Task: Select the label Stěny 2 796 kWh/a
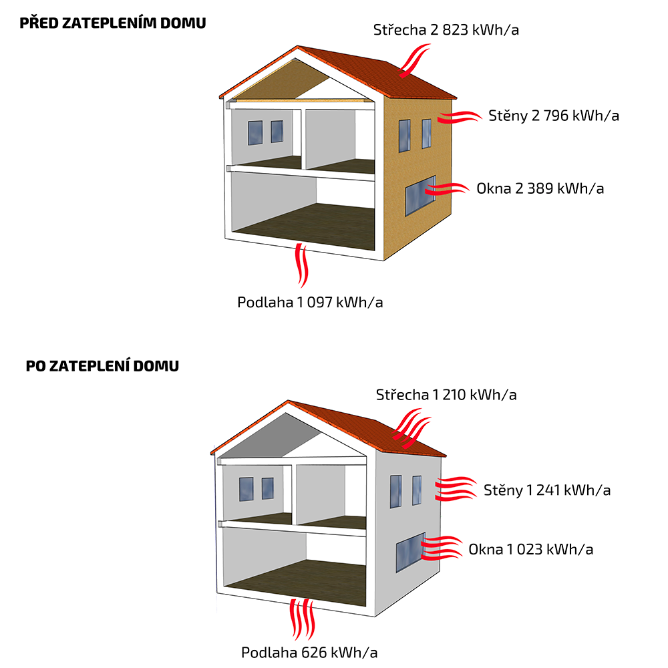tap(554, 116)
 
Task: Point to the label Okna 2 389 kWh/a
tap(540, 188)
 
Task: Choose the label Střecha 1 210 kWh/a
tap(446, 394)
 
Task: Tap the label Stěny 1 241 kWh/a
tap(547, 490)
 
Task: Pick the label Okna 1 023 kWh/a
tap(530, 549)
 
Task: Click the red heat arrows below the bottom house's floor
tap(300, 619)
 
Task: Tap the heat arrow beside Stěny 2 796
tap(460, 118)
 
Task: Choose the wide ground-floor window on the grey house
tap(410, 552)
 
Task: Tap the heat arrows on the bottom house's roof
tap(412, 431)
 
